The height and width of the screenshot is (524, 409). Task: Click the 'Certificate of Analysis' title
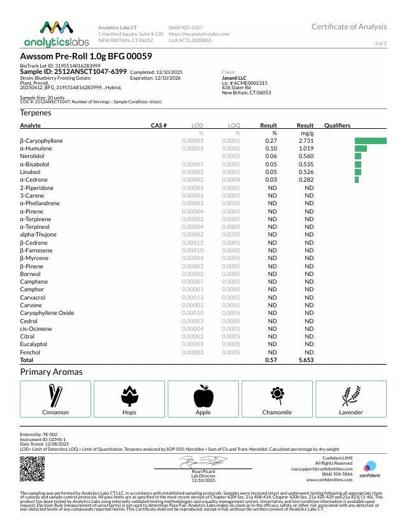348,27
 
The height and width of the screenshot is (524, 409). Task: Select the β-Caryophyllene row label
41,140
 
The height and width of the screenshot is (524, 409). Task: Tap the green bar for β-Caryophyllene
370,140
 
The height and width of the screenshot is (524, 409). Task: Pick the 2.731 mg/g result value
306,140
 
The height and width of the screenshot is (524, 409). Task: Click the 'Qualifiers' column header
337,126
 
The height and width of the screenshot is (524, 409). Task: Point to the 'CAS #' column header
159,126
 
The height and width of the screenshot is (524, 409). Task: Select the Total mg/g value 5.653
306,360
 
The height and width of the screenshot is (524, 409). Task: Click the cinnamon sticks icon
55,396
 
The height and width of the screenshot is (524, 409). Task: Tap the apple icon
203,396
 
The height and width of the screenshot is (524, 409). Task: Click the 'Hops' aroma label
129,412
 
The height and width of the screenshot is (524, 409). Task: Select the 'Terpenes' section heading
36,112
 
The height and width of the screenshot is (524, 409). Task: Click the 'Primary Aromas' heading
51,372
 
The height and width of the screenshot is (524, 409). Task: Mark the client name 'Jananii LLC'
234,78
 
